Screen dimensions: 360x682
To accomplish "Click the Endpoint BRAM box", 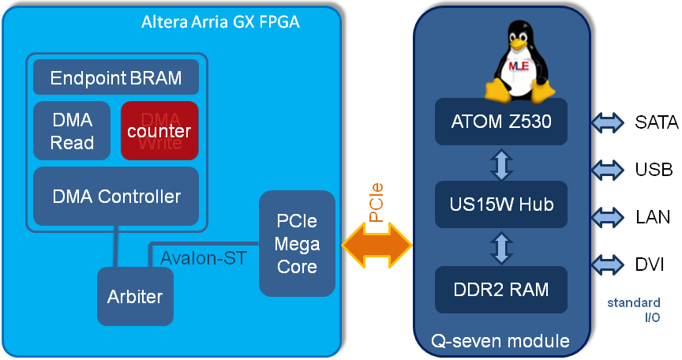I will [116, 78].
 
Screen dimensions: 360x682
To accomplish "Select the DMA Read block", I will [72, 130].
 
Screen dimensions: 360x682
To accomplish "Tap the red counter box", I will [159, 130].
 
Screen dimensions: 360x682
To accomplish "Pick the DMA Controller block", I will [116, 196].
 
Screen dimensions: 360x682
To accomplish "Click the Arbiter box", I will [134, 297].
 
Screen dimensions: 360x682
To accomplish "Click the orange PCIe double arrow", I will [377, 246].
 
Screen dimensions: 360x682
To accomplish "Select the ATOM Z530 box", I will [501, 122].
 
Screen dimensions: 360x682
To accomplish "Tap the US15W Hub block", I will [501, 204].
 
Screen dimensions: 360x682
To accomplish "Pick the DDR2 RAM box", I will [501, 288].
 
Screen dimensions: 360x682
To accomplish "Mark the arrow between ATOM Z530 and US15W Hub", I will [502, 163].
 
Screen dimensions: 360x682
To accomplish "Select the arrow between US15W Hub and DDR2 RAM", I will [502, 247].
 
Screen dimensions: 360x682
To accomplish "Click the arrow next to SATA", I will [607, 122].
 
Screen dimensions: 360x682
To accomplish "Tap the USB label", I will [654, 169].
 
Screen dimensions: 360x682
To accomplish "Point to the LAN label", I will [653, 216].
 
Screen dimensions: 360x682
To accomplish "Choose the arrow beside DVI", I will [607, 264].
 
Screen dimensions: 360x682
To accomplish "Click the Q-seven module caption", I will [500, 341].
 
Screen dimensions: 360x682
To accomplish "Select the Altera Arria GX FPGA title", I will [219, 22].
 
